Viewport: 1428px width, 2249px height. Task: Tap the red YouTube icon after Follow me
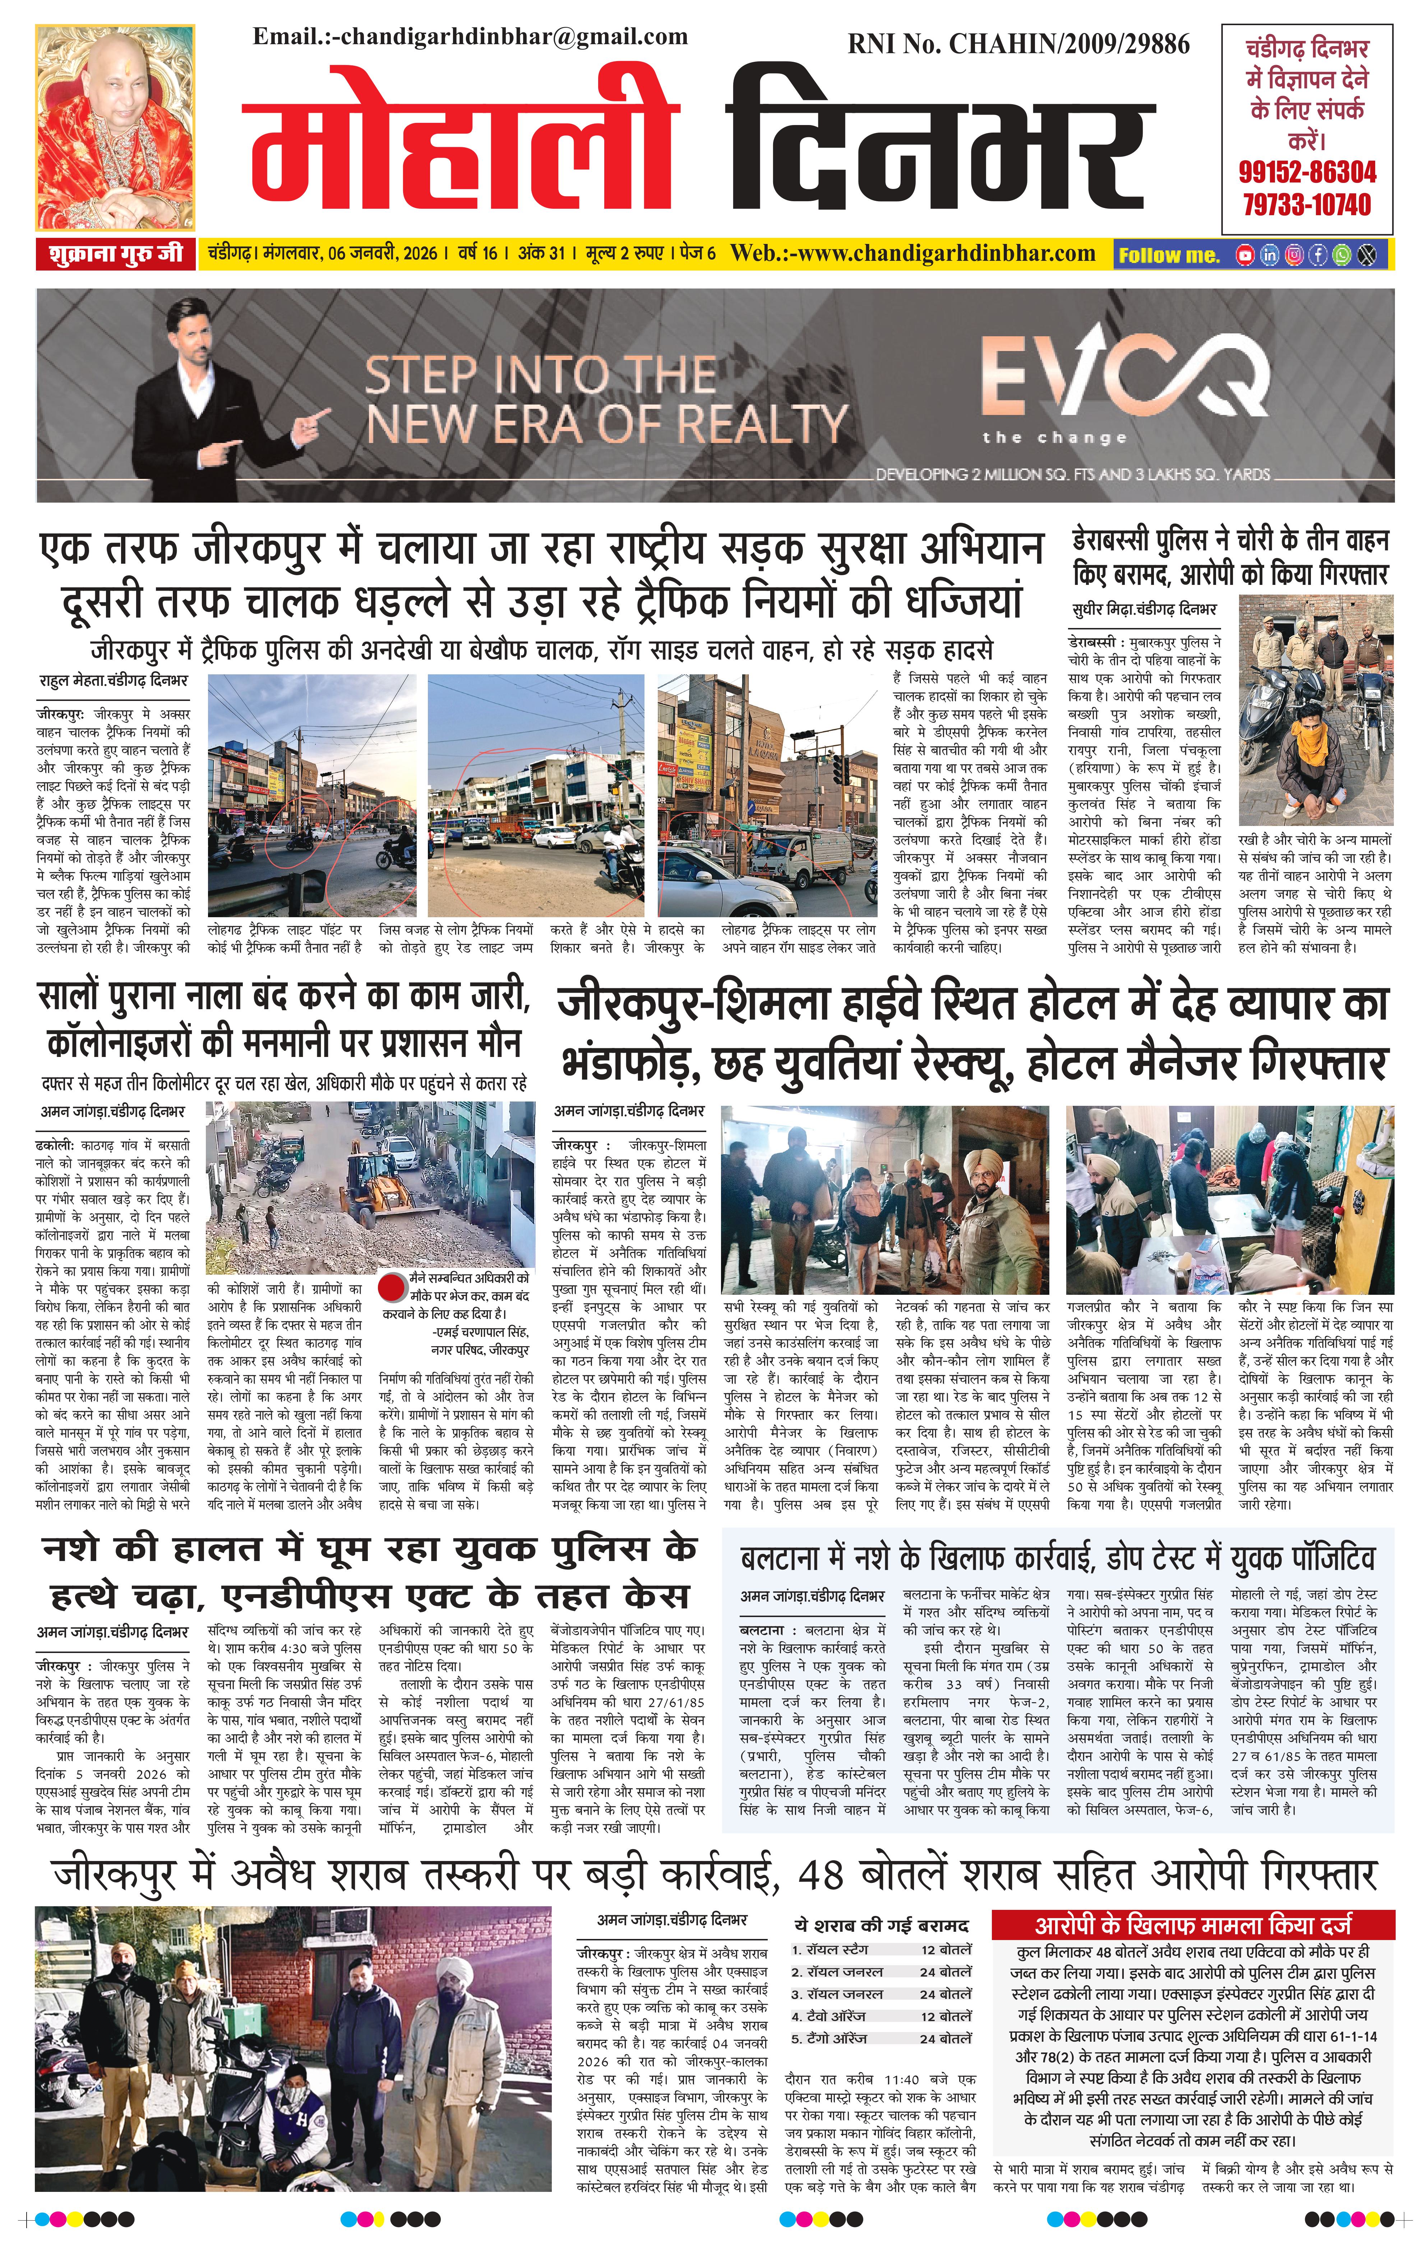point(1245,254)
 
